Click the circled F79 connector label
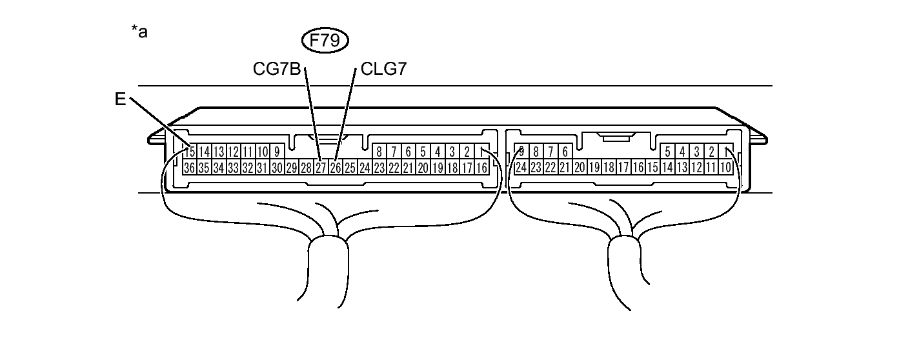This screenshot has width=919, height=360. click(x=325, y=42)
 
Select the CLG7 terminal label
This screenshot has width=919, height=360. click(x=383, y=68)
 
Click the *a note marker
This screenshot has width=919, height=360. click(x=139, y=32)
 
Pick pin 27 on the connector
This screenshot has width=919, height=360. click(x=321, y=168)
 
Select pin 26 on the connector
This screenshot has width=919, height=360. click(x=336, y=168)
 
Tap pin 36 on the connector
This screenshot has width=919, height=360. click(x=189, y=168)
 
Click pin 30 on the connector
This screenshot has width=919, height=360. click(x=277, y=168)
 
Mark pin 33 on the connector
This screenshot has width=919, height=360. click(x=233, y=168)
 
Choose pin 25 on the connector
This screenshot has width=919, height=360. click(x=350, y=168)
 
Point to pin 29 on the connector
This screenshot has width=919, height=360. click(x=292, y=168)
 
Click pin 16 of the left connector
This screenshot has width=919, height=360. click(x=481, y=168)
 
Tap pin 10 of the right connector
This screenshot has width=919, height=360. click(x=725, y=168)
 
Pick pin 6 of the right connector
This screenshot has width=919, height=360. click(x=565, y=152)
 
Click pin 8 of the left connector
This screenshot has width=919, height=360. click(x=379, y=152)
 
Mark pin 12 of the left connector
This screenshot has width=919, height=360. click(x=233, y=152)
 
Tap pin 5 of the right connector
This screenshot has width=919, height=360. click(x=667, y=152)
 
